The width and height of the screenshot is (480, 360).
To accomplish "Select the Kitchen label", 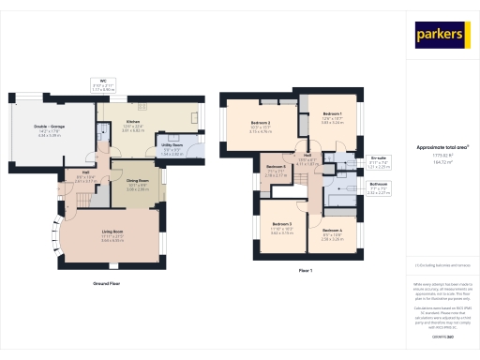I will (x=133, y=121).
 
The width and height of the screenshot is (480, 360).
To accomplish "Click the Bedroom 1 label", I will (x=333, y=113).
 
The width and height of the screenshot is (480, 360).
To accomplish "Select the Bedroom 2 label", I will (x=260, y=123).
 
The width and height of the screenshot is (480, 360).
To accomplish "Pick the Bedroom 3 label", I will (x=282, y=224).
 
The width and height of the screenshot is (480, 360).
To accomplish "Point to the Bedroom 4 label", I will (x=332, y=231).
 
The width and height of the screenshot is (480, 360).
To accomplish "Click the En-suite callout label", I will (x=379, y=157).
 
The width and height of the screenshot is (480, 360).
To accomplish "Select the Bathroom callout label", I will (x=379, y=184).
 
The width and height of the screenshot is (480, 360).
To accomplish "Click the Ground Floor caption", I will (x=105, y=282).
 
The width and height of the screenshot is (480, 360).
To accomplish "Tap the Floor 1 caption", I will (x=304, y=271).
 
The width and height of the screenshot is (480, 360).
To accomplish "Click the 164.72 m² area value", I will (x=441, y=162).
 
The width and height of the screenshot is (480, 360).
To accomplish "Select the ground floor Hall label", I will (x=84, y=172).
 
